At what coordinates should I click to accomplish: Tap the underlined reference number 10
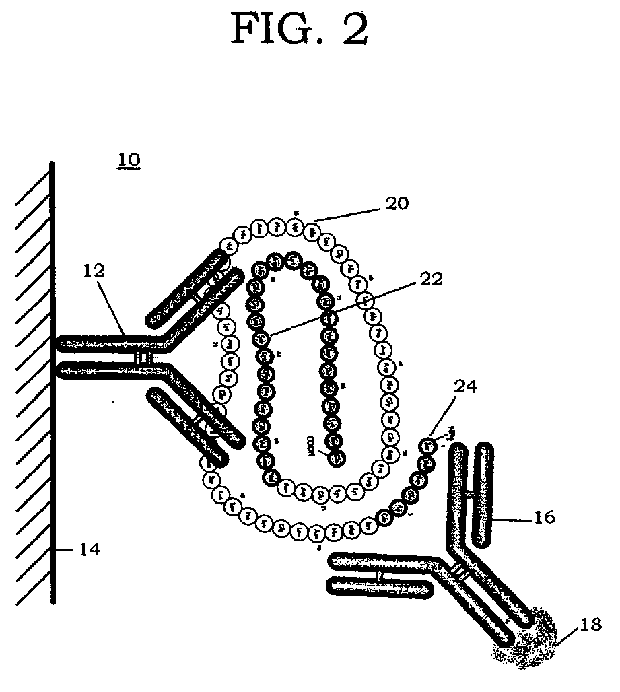pos(129,161)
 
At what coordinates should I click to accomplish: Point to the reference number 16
pos(544,517)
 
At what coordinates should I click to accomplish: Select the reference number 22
pos(428,280)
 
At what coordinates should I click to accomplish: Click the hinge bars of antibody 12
pos(143,357)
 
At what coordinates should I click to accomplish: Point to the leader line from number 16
pos(514,518)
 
